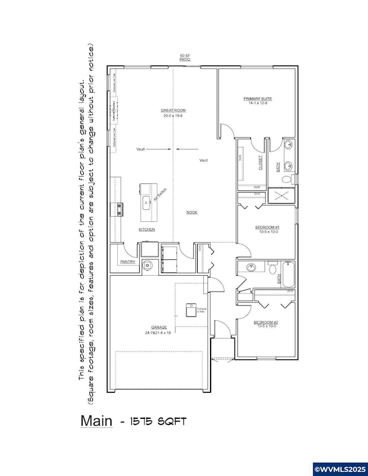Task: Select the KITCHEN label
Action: coord(147,229)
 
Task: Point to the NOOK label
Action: coord(192,212)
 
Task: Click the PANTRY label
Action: coord(127,263)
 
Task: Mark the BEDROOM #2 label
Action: coord(266,323)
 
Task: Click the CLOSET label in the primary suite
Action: coord(261,163)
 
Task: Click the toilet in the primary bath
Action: coord(288,179)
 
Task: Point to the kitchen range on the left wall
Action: coord(119,209)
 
